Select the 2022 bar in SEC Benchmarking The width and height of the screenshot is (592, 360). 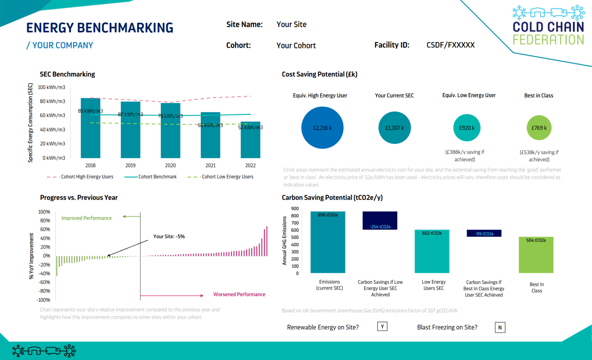pyautogui.click(x=251, y=141)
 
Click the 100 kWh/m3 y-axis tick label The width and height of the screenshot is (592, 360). pyautogui.click(x=51, y=87)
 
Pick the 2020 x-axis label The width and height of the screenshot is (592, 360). pyautogui.click(x=170, y=165)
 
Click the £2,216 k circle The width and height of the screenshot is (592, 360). pyautogui.click(x=322, y=128)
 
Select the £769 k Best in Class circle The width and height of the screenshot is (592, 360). pyautogui.click(x=539, y=128)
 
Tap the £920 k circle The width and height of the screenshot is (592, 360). pyautogui.click(x=467, y=128)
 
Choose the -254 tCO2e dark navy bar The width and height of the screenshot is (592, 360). pyautogui.click(x=380, y=220)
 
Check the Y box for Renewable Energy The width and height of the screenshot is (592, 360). pyautogui.click(x=382, y=327)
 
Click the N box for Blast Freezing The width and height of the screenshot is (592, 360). pyautogui.click(x=500, y=328)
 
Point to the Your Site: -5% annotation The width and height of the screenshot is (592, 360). pyautogui.click(x=169, y=237)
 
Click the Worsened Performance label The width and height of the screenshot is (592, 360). pyautogui.click(x=239, y=294)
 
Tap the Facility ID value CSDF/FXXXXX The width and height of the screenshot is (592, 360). pyautogui.click(x=451, y=45)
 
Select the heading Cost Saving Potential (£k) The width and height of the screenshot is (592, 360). pyautogui.click(x=320, y=74)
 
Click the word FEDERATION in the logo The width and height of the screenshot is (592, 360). pyautogui.click(x=548, y=40)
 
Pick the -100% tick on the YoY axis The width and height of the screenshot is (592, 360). pyautogui.click(x=44, y=300)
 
